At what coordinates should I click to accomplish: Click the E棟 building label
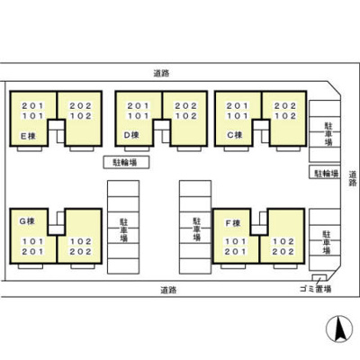[28, 136]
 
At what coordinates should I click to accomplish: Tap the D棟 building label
[132, 135]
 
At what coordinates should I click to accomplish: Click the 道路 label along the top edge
[162, 76]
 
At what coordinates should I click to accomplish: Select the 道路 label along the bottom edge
[167, 290]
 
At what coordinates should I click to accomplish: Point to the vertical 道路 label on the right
[352, 178]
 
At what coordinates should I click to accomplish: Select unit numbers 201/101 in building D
[138, 109]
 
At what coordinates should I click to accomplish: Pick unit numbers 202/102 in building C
[284, 109]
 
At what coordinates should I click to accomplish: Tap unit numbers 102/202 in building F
[283, 246]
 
